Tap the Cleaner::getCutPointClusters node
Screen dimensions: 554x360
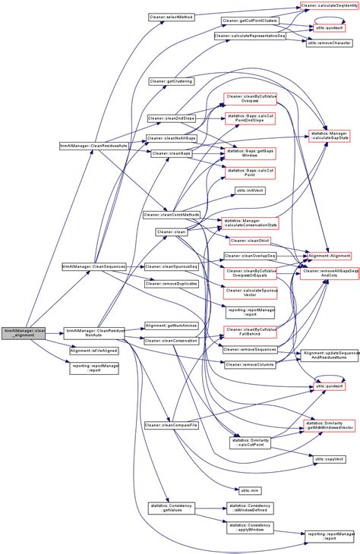249,20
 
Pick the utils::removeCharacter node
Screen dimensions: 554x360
329,43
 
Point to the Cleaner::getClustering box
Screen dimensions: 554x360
171,80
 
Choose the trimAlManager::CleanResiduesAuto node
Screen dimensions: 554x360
92,143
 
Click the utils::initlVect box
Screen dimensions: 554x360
250,190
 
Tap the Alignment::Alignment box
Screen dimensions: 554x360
328,257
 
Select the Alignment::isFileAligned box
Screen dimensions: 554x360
93,351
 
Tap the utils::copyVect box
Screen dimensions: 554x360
329,459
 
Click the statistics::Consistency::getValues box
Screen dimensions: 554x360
171,508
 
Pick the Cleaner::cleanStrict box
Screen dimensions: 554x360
250,241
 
